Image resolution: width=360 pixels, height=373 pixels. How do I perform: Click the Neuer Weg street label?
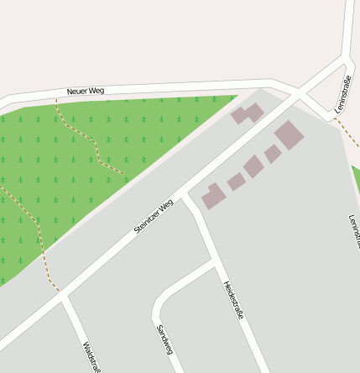85,90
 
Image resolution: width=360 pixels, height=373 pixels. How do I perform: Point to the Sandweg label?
164,339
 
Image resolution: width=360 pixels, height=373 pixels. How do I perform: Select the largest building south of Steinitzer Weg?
290,134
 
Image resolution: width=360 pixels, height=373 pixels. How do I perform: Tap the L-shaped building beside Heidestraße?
213,196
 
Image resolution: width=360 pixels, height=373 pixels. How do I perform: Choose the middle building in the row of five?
253,166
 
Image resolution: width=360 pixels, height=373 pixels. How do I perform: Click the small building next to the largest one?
273,154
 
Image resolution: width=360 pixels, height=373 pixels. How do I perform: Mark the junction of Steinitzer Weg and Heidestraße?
187,197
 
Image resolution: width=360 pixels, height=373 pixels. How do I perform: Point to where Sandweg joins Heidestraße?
214,263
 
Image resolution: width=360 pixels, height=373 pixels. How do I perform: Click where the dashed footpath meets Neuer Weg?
55,100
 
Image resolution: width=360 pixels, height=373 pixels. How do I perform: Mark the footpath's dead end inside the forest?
124,174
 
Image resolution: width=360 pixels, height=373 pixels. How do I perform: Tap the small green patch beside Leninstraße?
356,176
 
